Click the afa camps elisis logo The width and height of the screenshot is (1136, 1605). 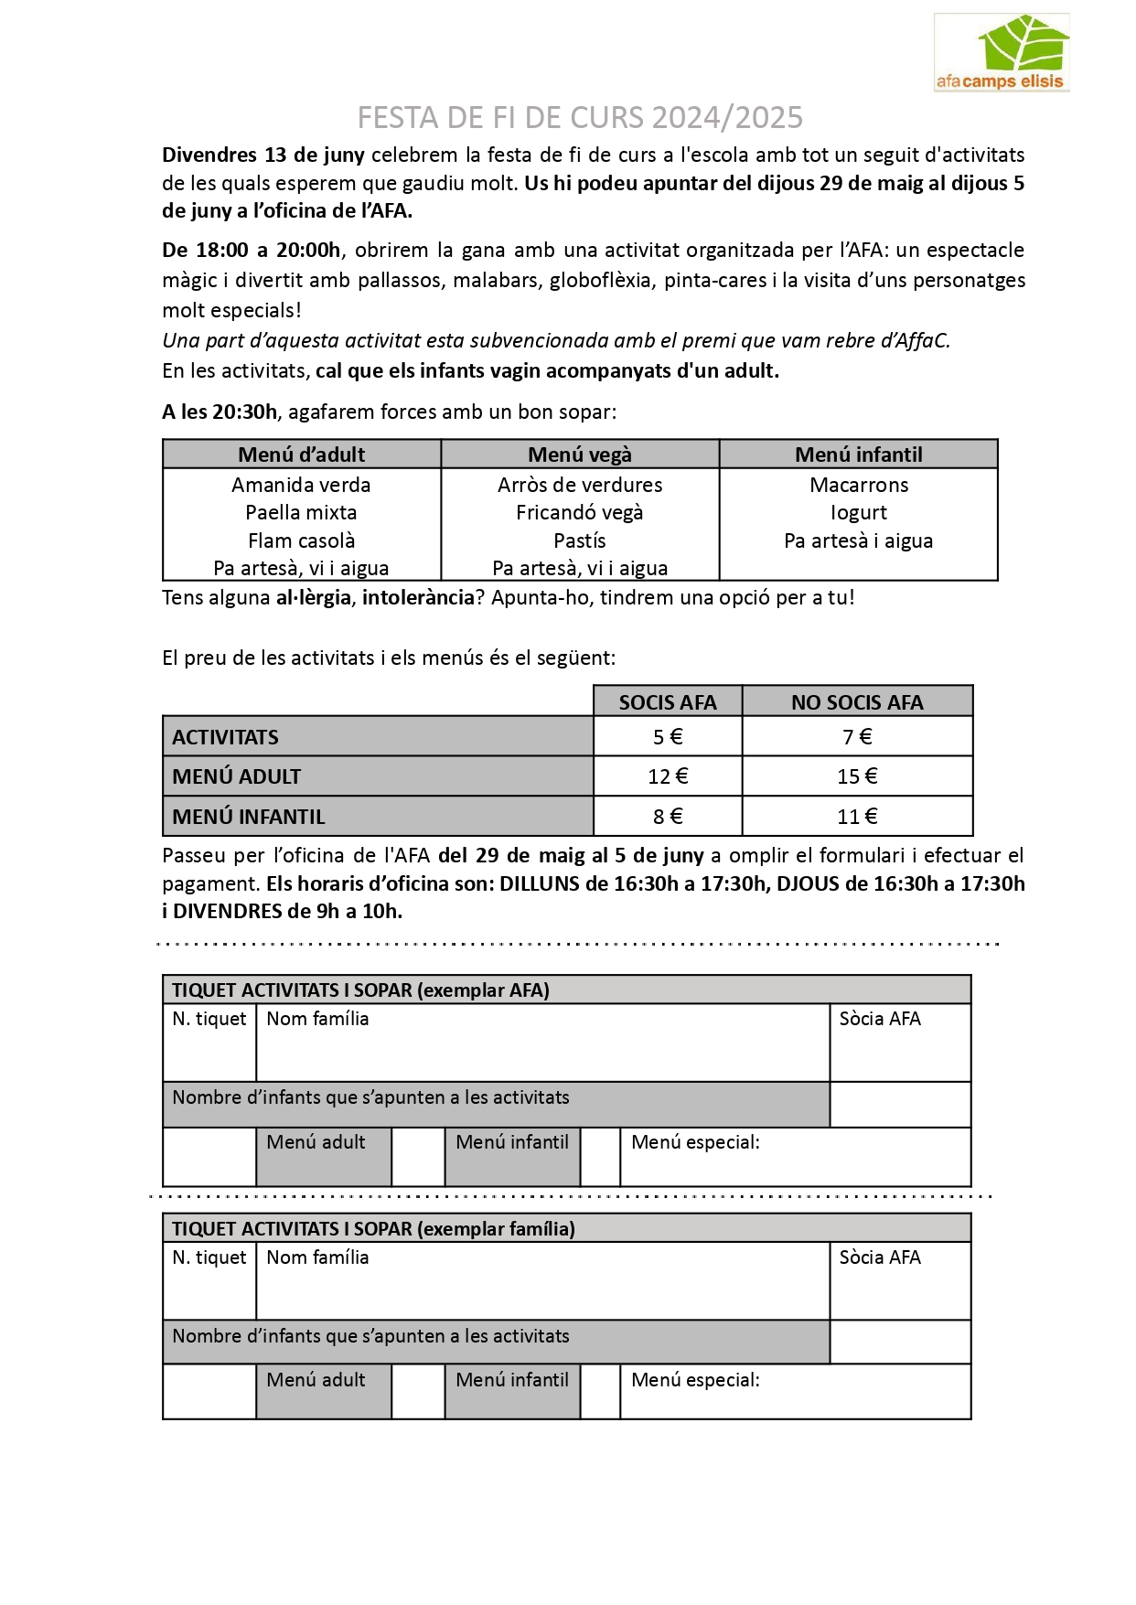[x=1001, y=53]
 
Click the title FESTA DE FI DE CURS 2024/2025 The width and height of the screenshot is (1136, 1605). [x=580, y=118]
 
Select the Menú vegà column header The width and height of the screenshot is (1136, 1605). [x=580, y=455]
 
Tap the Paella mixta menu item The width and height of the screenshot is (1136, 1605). [x=301, y=513]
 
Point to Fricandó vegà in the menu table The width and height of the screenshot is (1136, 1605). [x=580, y=513]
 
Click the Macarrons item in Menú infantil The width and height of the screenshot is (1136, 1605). [x=859, y=485]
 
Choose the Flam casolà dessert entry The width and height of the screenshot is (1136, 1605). [x=301, y=540]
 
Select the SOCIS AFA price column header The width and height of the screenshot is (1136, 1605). [x=668, y=702]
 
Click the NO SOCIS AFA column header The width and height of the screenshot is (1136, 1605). [x=857, y=702]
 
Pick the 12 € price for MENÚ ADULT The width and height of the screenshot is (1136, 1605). [x=668, y=776]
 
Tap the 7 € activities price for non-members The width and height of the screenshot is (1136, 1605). [x=857, y=737]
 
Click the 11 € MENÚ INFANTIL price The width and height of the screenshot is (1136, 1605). [x=857, y=817]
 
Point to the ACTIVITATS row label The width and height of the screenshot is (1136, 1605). [x=226, y=737]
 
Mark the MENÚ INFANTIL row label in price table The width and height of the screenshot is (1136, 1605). [x=249, y=817]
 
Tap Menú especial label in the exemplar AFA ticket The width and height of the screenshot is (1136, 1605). [x=695, y=1142]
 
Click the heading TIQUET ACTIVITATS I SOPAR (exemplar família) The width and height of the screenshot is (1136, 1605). [x=374, y=1228]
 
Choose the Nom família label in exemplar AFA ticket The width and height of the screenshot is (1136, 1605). [x=317, y=1019]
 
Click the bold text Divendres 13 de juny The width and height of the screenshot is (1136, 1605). [x=263, y=155]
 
